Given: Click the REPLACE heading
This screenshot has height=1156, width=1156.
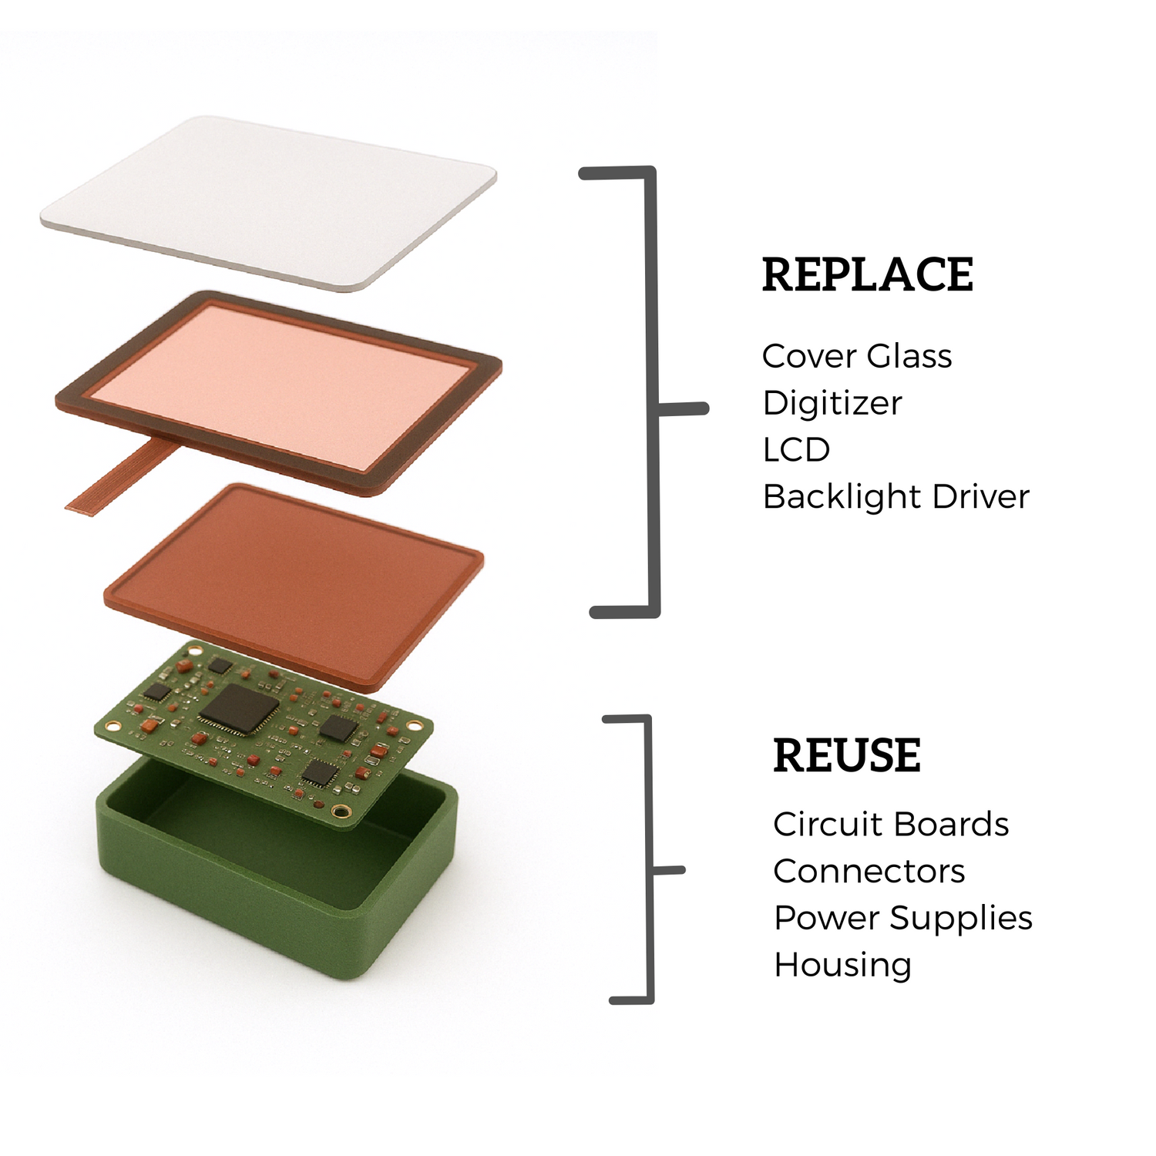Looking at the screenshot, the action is pyautogui.click(x=868, y=274).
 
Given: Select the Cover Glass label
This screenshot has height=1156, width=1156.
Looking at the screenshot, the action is pyautogui.click(x=857, y=356).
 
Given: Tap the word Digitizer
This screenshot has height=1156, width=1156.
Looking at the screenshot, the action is pyautogui.click(x=832, y=403).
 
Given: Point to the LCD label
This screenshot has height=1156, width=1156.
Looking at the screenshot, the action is pyautogui.click(x=796, y=450).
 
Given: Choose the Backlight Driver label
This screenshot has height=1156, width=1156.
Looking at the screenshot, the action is pyautogui.click(x=896, y=497).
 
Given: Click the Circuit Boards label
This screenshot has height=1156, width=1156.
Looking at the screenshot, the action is pyautogui.click(x=891, y=825).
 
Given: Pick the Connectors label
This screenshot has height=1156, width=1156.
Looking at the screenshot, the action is pyautogui.click(x=869, y=872).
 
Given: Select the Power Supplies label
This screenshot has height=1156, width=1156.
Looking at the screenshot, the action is pyautogui.click(x=903, y=919).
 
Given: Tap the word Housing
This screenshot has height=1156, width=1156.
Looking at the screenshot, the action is pyautogui.click(x=843, y=966).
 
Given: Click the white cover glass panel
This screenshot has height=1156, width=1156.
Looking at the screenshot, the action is pyautogui.click(x=268, y=202).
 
